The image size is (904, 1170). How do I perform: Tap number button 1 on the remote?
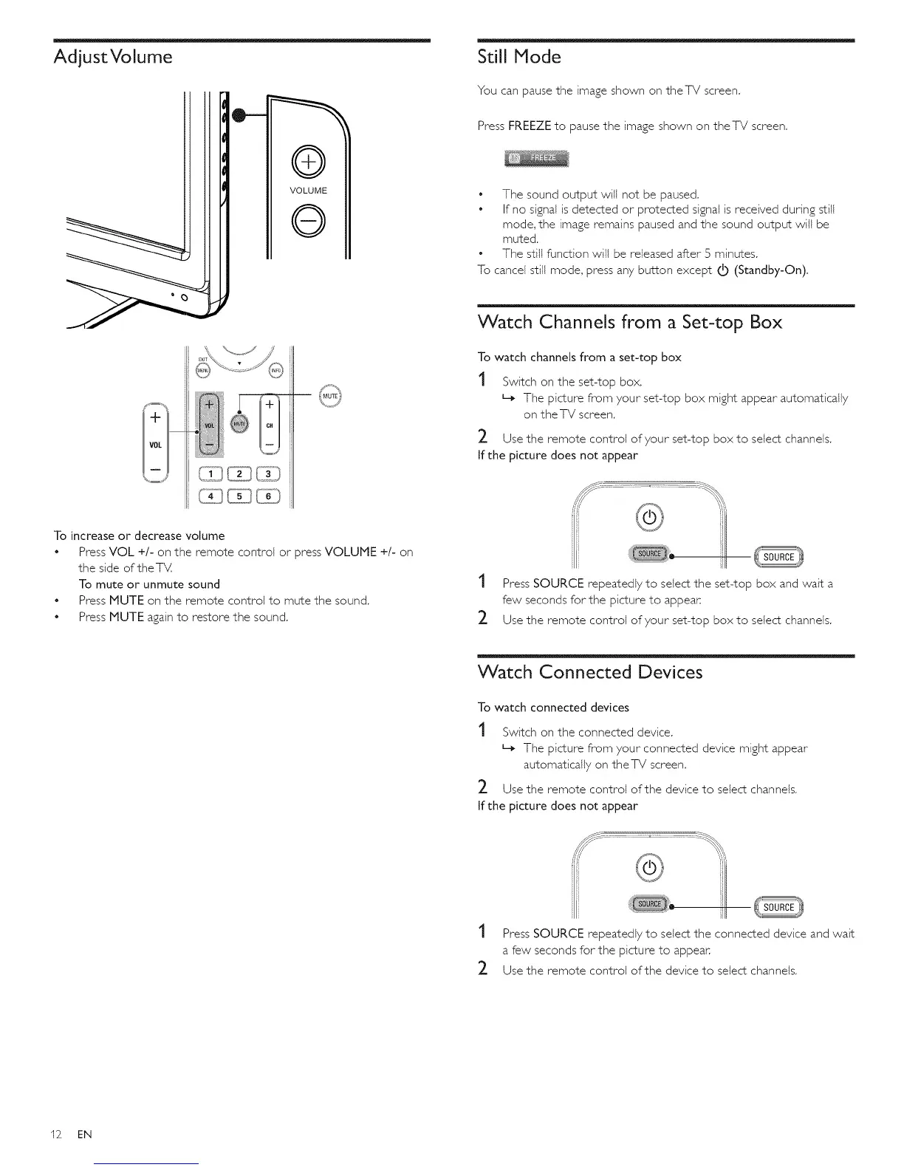(211, 474)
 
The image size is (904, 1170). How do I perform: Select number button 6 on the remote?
(270, 496)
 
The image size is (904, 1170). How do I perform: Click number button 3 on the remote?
(270, 474)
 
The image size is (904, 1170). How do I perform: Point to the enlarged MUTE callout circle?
(329, 397)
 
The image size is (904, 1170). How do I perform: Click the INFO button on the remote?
(275, 370)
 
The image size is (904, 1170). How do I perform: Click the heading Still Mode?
(519, 57)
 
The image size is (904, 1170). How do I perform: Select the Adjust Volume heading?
(113, 57)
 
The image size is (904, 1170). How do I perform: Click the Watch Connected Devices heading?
(590, 672)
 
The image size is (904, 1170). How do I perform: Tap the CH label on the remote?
(270, 425)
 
